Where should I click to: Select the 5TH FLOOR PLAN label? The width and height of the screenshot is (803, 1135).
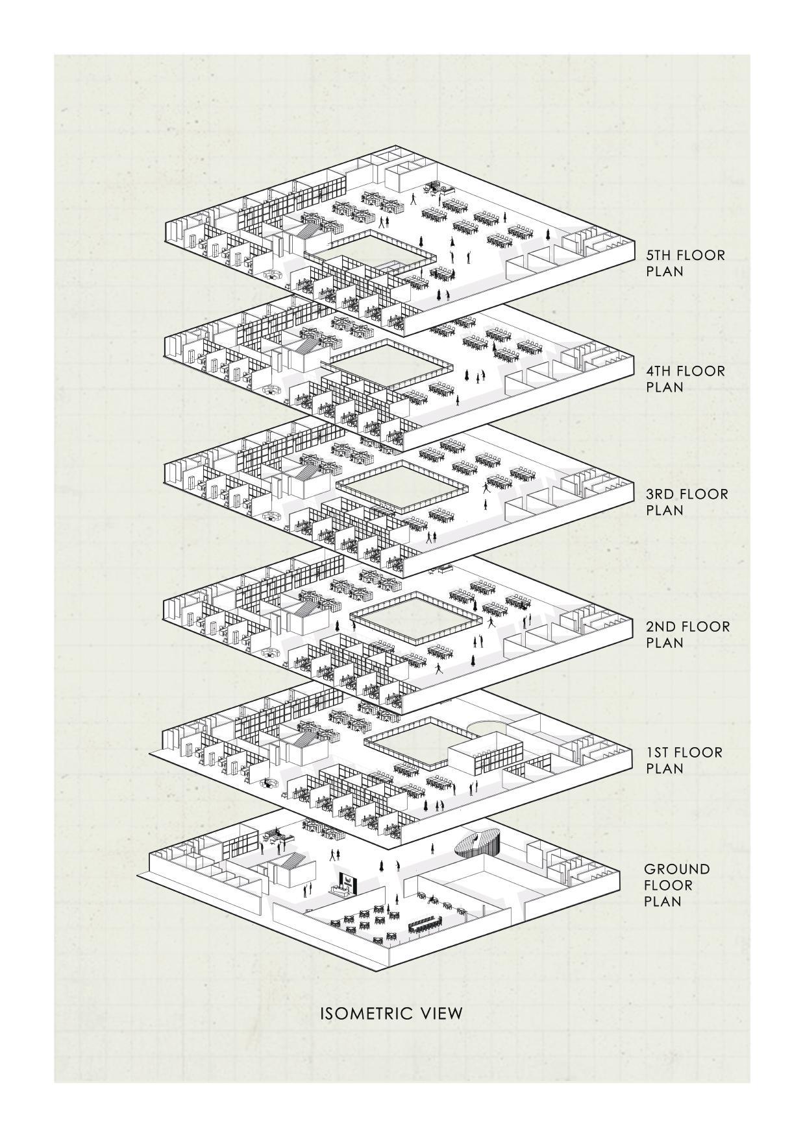[x=685, y=263]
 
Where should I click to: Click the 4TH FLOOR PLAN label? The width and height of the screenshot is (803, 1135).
[x=685, y=379]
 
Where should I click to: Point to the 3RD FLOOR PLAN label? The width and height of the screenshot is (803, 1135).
[x=687, y=502]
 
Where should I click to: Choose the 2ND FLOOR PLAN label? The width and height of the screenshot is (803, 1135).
[x=687, y=634]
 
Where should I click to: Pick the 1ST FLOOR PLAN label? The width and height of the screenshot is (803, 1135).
[x=684, y=760]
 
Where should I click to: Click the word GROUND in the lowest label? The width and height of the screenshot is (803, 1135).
[x=676, y=869]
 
